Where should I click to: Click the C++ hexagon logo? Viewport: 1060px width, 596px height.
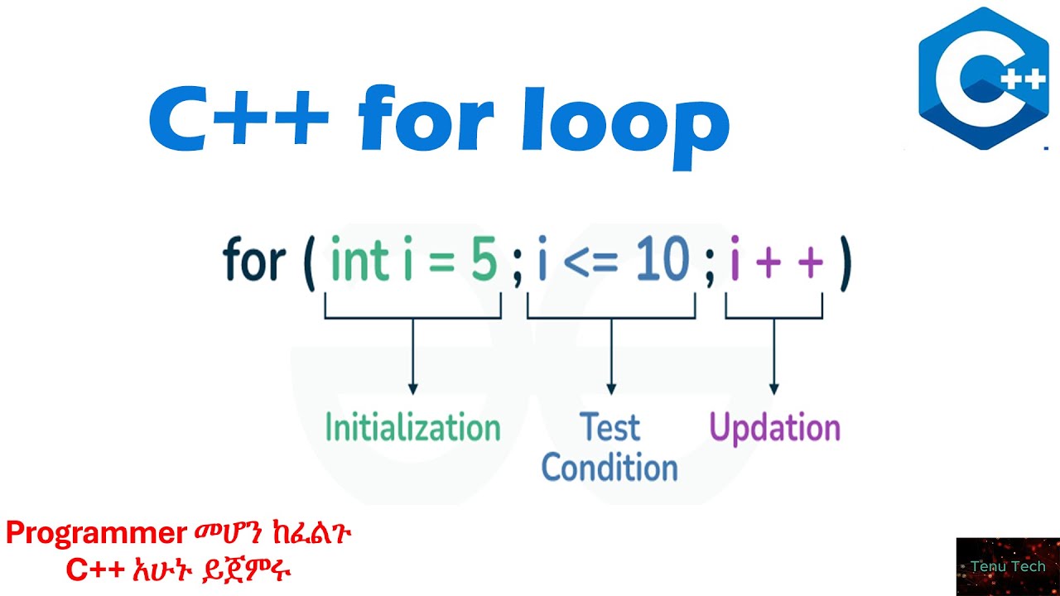pyautogui.click(x=984, y=79)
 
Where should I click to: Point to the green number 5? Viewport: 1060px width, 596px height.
pyautogui.click(x=484, y=262)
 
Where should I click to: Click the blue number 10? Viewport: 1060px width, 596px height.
pyautogui.click(x=662, y=262)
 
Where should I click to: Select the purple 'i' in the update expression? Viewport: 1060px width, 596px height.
pyautogui.click(x=735, y=262)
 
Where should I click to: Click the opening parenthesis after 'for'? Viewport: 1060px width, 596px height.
pyautogui.click(x=310, y=263)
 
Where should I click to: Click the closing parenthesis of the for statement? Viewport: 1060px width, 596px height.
pyautogui.click(x=844, y=263)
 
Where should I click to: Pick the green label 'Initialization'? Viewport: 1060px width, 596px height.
pyautogui.click(x=412, y=428)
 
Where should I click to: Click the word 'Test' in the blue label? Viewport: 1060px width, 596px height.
pyautogui.click(x=610, y=428)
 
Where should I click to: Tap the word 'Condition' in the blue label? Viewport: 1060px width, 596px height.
pyautogui.click(x=609, y=468)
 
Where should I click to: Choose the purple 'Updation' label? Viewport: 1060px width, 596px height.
pyautogui.click(x=775, y=428)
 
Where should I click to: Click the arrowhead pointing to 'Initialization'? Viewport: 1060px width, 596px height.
pyautogui.click(x=412, y=388)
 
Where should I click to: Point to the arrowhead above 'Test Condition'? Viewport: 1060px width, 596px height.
pyautogui.click(x=611, y=388)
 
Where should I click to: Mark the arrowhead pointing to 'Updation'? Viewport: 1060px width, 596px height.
pyautogui.click(x=773, y=388)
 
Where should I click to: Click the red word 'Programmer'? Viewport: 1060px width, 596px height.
pyautogui.click(x=96, y=534)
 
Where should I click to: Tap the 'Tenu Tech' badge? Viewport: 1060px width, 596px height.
pyautogui.click(x=1007, y=567)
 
